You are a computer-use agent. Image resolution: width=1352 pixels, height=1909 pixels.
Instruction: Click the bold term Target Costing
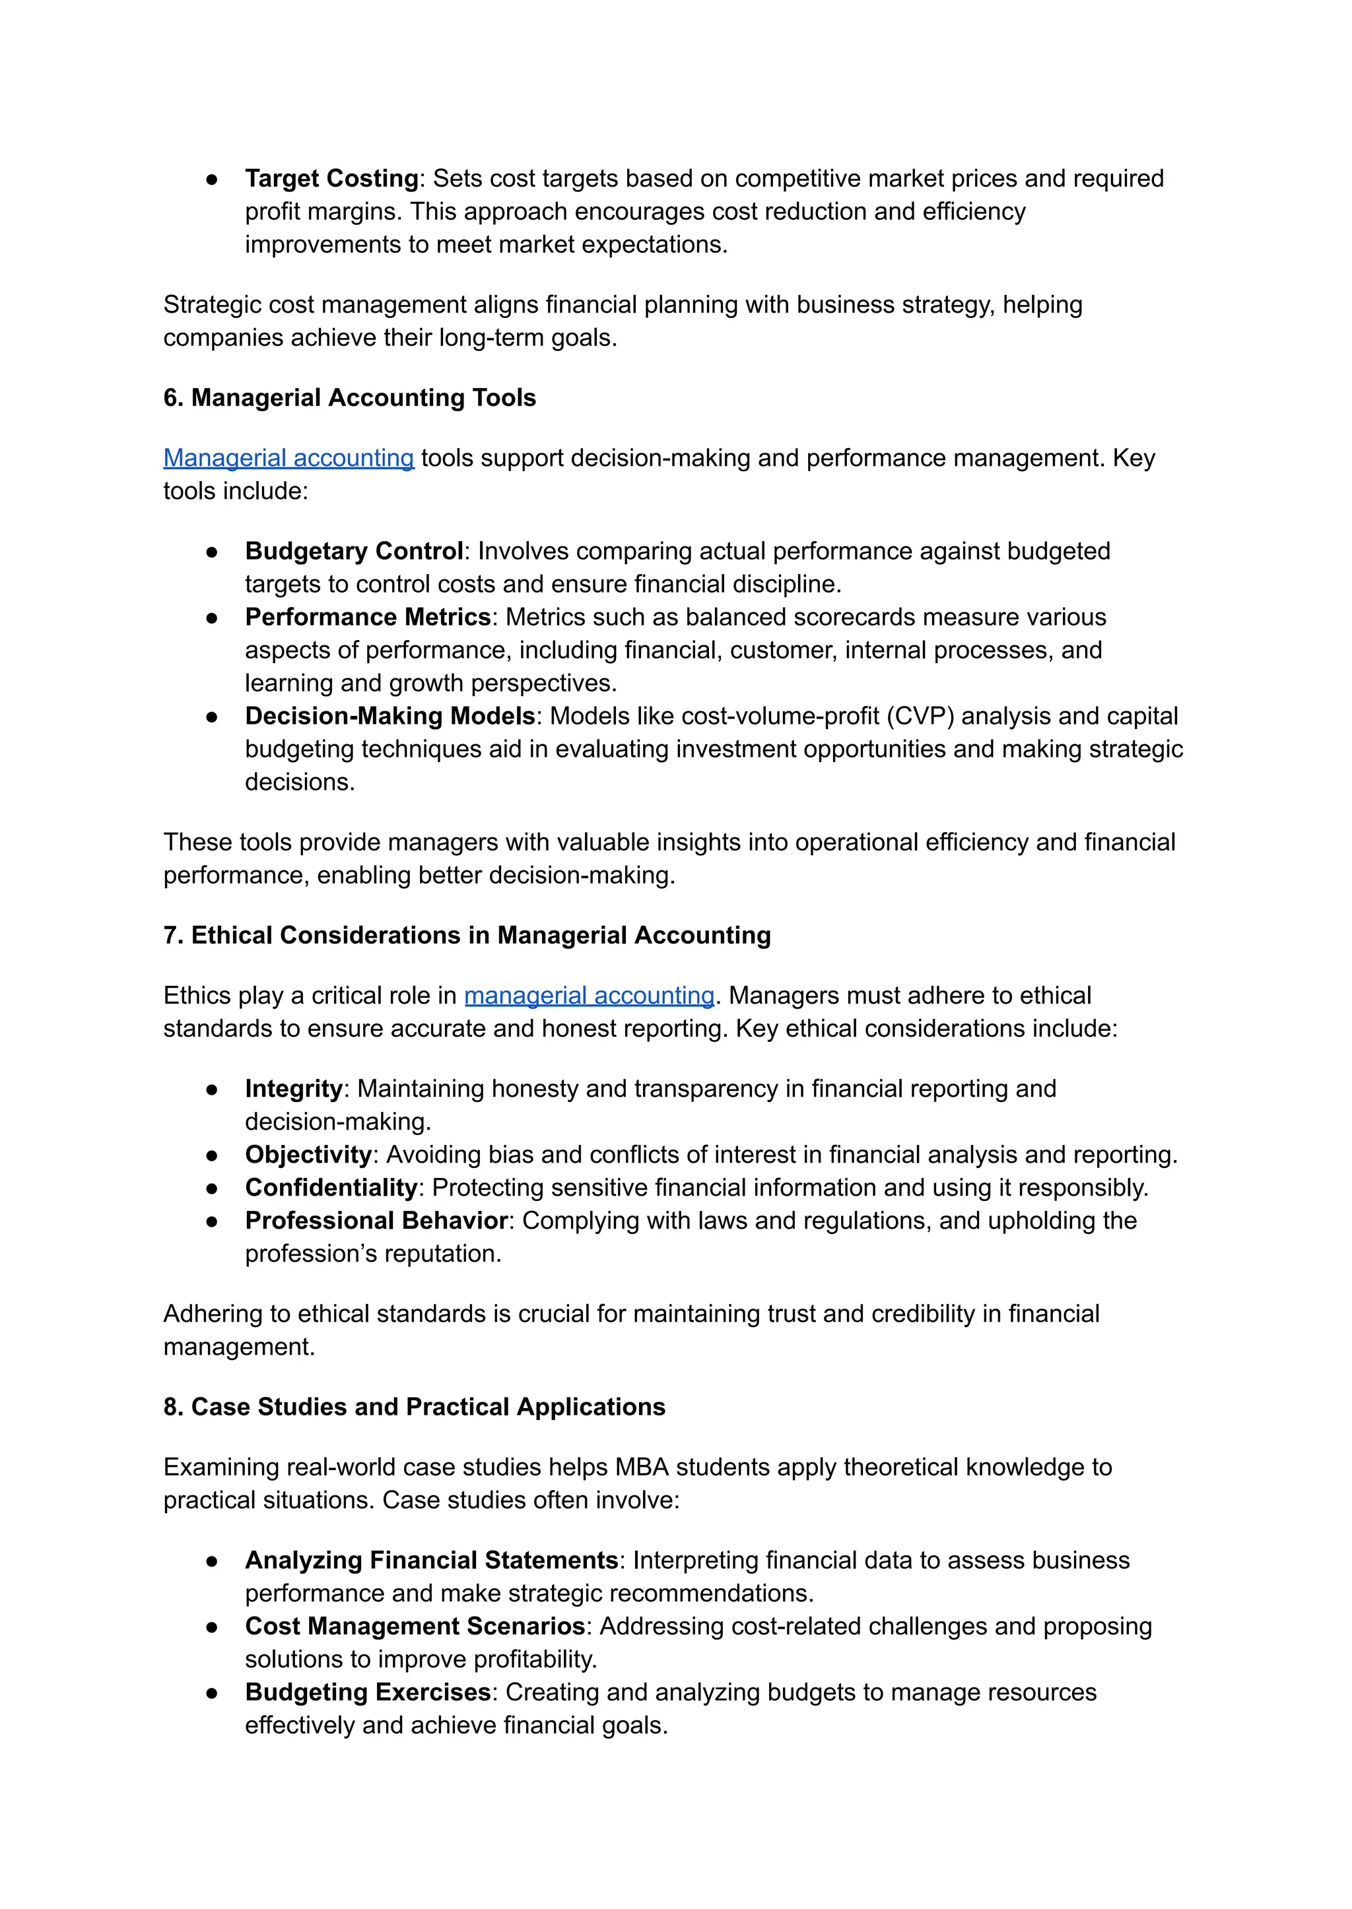(x=331, y=178)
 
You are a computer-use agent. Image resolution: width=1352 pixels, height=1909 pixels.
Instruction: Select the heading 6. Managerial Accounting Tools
(x=350, y=398)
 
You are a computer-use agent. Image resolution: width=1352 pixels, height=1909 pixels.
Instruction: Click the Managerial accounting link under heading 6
(x=288, y=458)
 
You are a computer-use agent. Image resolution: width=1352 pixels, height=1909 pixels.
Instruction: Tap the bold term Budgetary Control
(x=354, y=551)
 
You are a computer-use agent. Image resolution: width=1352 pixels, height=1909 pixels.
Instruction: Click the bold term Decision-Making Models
(x=389, y=716)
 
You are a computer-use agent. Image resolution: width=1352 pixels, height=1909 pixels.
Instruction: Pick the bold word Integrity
(x=294, y=1089)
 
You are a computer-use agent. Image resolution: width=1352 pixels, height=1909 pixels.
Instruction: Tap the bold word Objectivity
(x=308, y=1154)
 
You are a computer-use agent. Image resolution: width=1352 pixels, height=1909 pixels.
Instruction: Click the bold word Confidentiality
(x=331, y=1188)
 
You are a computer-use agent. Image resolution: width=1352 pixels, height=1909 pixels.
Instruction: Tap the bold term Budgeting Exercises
(x=368, y=1692)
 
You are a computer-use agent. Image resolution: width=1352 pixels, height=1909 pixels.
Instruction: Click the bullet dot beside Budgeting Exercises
(x=213, y=1693)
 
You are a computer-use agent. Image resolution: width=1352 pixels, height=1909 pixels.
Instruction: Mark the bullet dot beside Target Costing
(x=213, y=179)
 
